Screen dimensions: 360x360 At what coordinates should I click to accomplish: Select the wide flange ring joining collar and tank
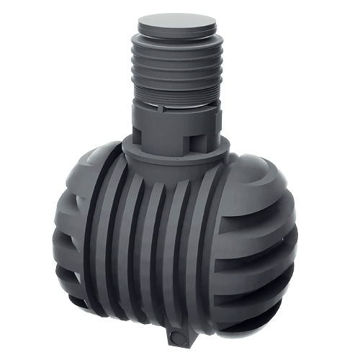(x=176, y=153)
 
